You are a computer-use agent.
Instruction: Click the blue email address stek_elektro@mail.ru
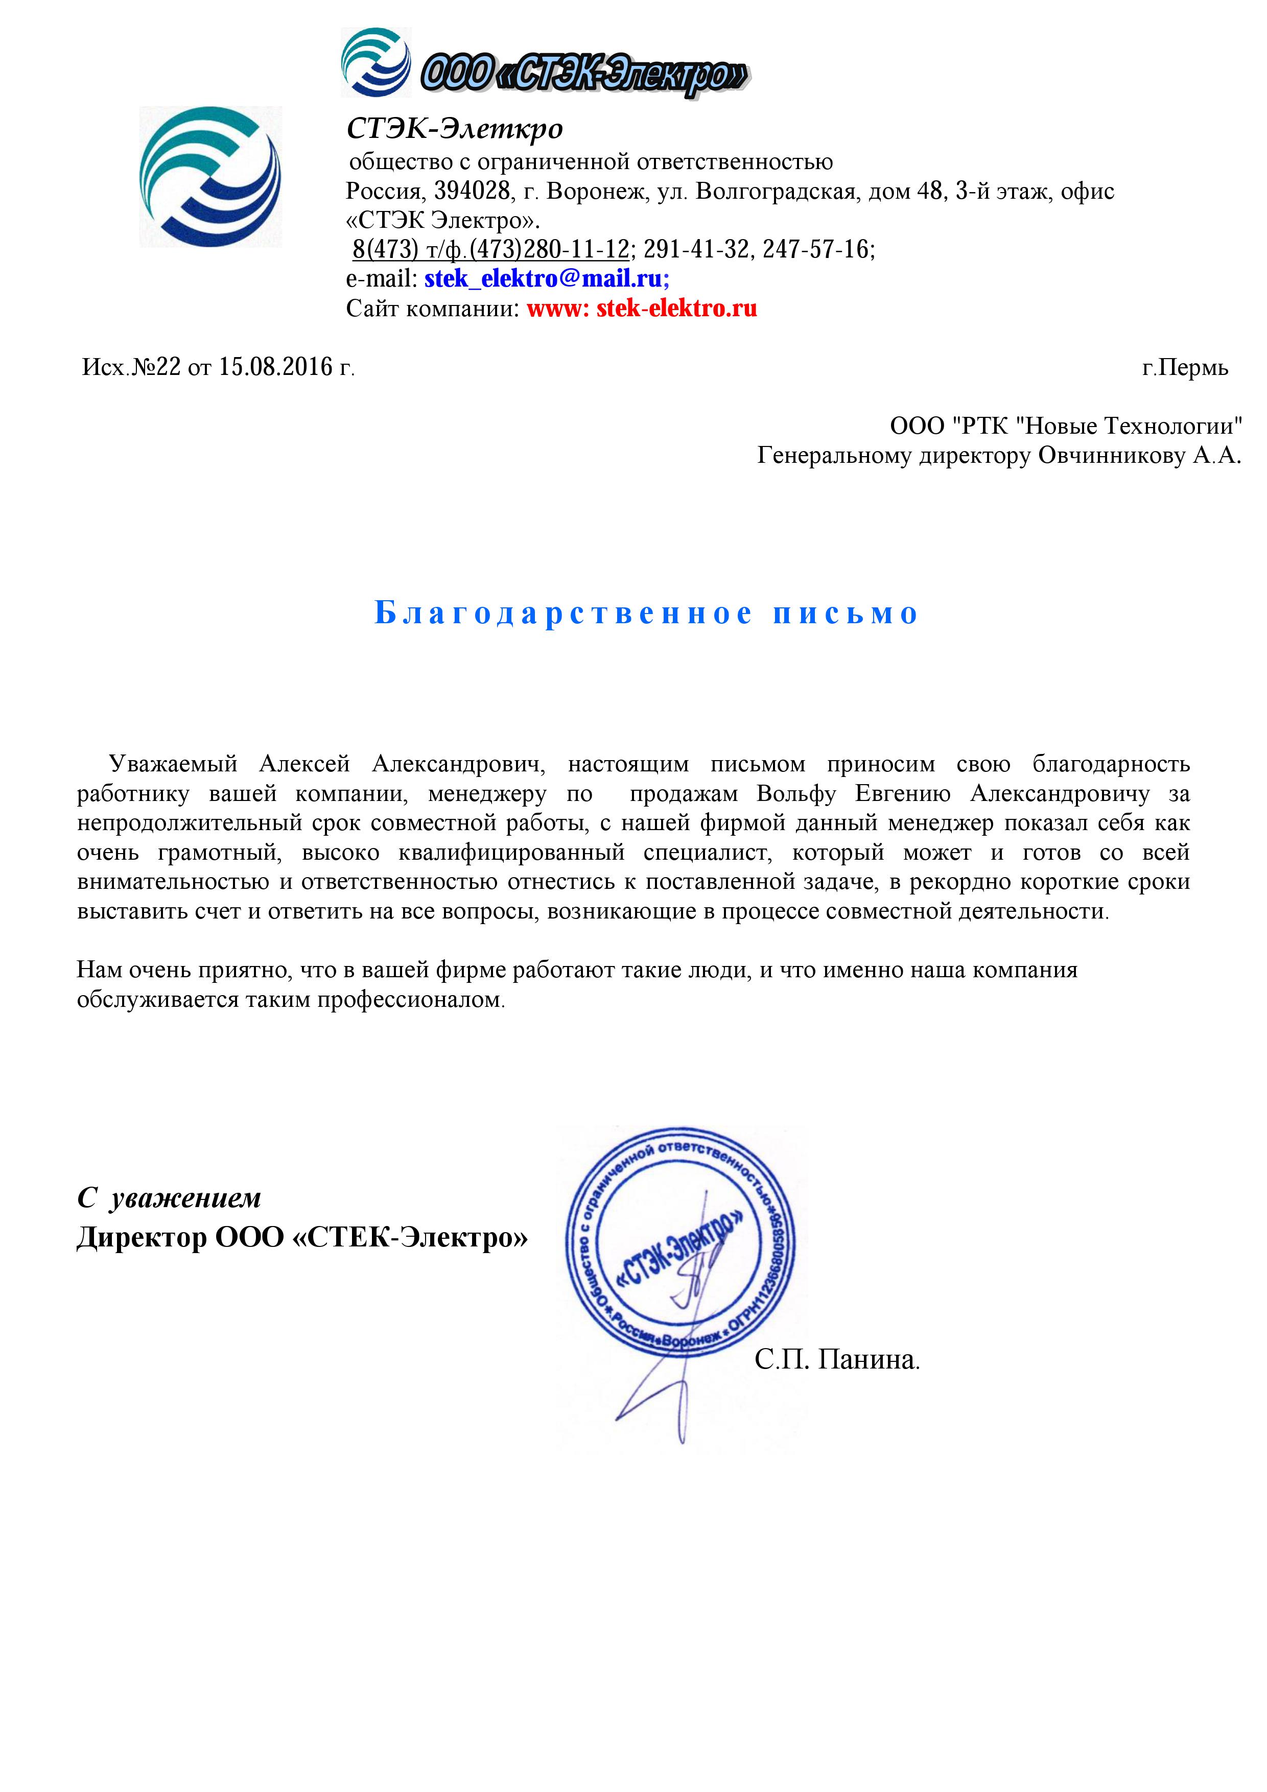click(545, 278)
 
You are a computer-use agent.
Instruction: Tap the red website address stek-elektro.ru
click(676, 309)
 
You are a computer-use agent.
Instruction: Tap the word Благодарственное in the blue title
click(563, 614)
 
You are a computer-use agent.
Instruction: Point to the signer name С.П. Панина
click(836, 1360)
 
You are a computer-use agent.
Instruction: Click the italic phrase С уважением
click(169, 1198)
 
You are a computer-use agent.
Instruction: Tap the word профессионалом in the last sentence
click(409, 1000)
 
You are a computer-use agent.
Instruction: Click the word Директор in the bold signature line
click(140, 1238)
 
